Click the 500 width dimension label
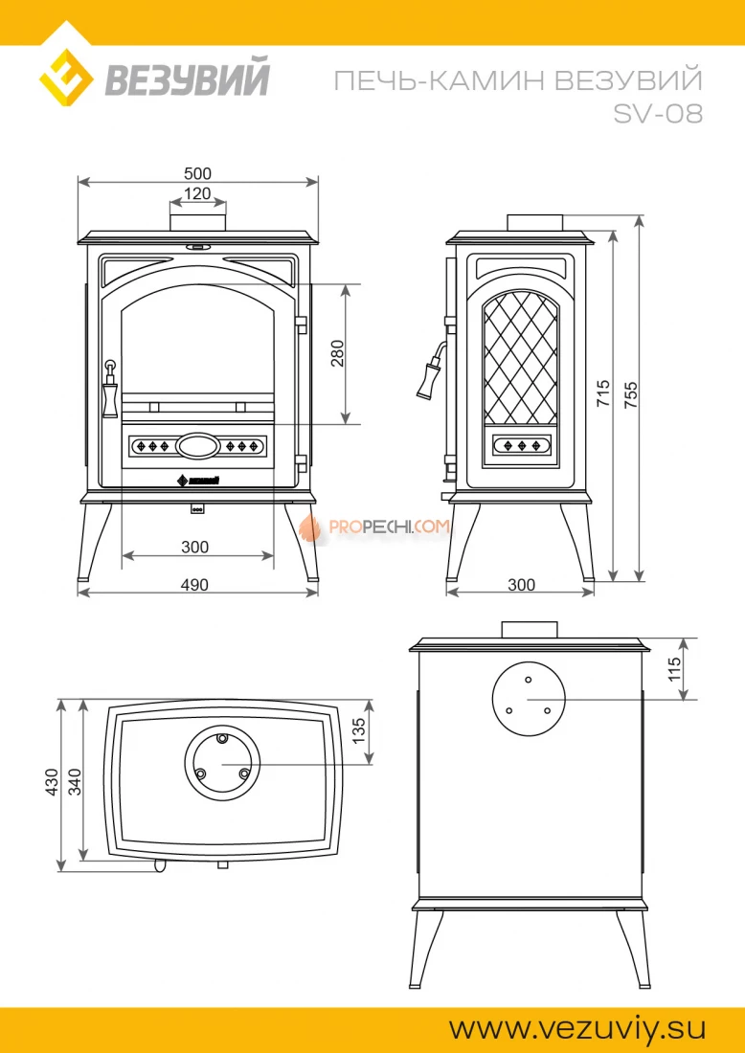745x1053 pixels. pyautogui.click(x=197, y=173)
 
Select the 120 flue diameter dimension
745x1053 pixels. pyautogui.click(x=197, y=194)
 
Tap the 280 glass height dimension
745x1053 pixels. pyautogui.click(x=337, y=353)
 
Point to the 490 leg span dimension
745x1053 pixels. pyautogui.click(x=194, y=585)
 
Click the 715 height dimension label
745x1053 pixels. pyautogui.click(x=602, y=392)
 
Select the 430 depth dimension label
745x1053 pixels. pyautogui.click(x=52, y=782)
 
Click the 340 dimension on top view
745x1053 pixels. pyautogui.click(x=75, y=782)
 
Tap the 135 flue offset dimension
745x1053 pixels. pyautogui.click(x=359, y=730)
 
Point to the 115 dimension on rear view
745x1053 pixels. pyautogui.click(x=674, y=668)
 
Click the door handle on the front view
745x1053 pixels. pyautogui.click(x=110, y=389)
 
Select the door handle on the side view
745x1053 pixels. pyautogui.click(x=429, y=371)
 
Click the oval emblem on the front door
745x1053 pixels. pyautogui.click(x=197, y=445)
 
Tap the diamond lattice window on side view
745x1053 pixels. pyautogui.click(x=521, y=359)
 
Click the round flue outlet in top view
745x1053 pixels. pyautogui.click(x=222, y=763)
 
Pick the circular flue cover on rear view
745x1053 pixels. pyautogui.click(x=529, y=699)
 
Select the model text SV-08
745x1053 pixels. pyautogui.click(x=659, y=114)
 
